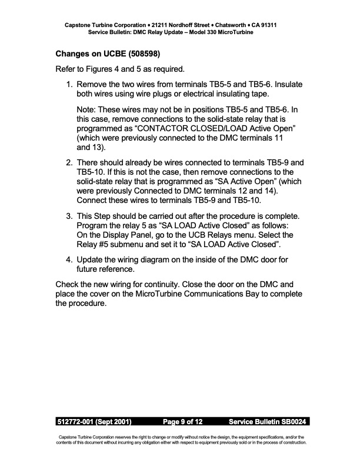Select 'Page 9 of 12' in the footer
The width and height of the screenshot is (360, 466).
tap(182, 422)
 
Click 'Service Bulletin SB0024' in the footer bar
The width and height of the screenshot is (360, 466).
tap(268, 422)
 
